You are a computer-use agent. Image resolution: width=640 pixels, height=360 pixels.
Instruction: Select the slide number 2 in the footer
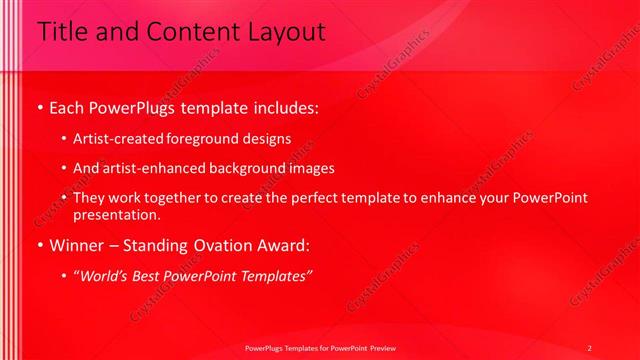pyautogui.click(x=589, y=348)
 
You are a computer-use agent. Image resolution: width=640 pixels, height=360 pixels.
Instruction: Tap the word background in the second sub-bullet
pyautogui.click(x=236, y=168)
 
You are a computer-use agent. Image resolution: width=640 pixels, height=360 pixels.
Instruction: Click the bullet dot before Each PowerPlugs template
pyautogui.click(x=39, y=105)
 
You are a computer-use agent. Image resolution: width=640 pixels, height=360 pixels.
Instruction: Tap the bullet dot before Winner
pyautogui.click(x=39, y=246)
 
